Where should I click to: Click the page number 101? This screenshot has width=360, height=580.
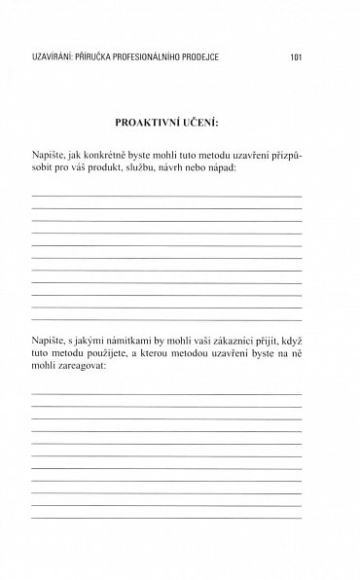tap(297, 57)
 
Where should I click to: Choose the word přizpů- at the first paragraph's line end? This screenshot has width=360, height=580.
tap(284, 155)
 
